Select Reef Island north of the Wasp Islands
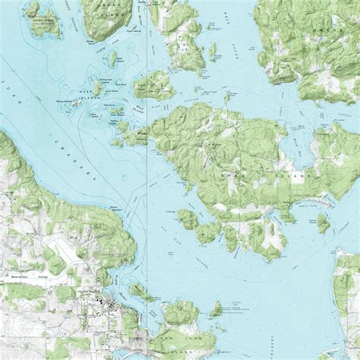point(112,58)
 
